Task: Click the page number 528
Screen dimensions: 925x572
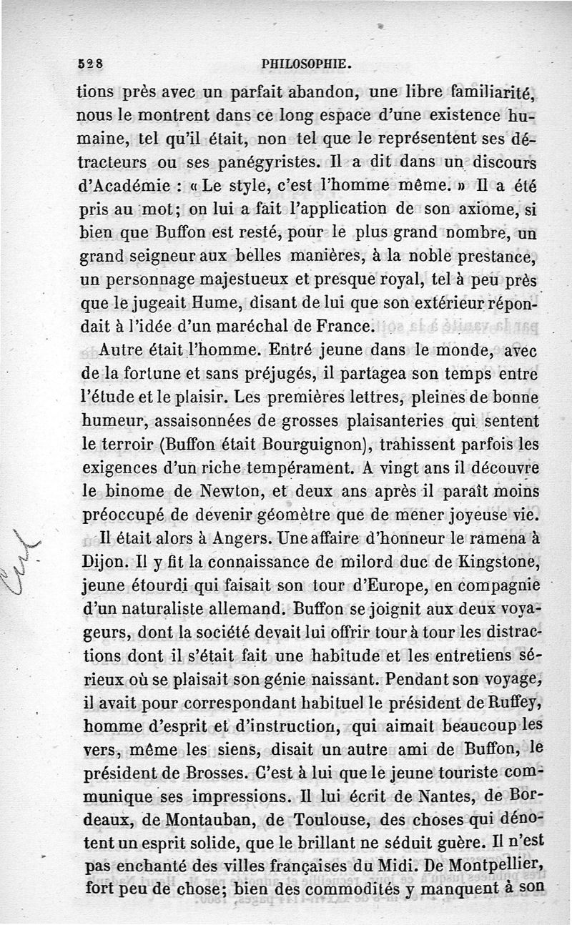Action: pyautogui.click(x=90, y=63)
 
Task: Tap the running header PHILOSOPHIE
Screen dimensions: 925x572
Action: pyautogui.click(x=307, y=64)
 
